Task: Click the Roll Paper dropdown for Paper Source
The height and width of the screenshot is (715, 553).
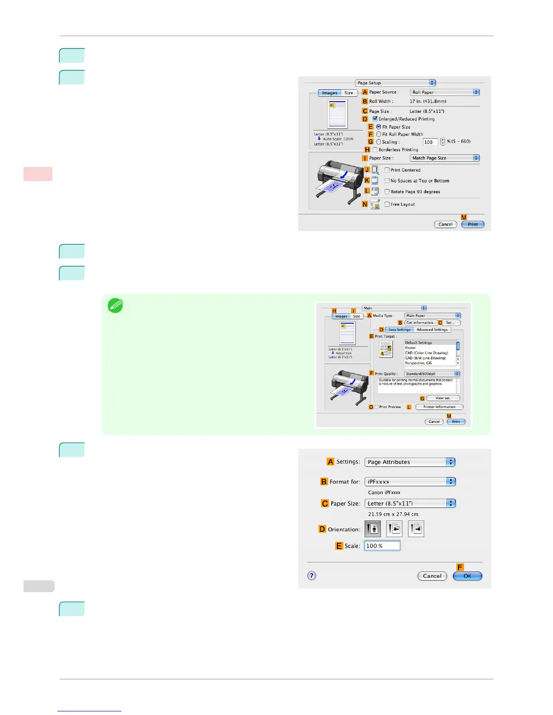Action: point(445,92)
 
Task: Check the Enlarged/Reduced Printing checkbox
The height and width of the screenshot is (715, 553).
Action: point(375,119)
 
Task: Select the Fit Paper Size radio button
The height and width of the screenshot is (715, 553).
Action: point(379,127)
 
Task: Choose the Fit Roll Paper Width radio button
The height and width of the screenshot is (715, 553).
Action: point(379,134)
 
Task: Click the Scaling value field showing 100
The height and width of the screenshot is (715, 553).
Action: point(430,142)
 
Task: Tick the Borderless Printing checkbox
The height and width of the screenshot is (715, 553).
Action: point(375,149)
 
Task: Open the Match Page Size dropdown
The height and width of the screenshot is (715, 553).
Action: point(445,158)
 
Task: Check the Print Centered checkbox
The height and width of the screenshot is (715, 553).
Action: point(387,170)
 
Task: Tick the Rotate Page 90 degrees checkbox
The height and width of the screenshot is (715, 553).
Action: point(387,191)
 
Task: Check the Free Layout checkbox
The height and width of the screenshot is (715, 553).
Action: point(387,204)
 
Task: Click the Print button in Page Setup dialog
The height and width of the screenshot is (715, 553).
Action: point(473,224)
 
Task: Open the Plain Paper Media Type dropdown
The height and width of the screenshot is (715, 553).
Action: point(432,316)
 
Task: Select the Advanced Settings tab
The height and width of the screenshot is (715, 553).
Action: point(432,330)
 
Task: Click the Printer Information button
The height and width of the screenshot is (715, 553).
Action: point(439,407)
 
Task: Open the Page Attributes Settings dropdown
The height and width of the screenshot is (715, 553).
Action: point(410,462)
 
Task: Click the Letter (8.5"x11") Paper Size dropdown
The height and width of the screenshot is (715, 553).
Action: point(410,503)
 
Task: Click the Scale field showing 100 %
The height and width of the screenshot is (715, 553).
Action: point(382,546)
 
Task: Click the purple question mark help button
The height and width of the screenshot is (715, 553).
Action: point(312,576)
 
